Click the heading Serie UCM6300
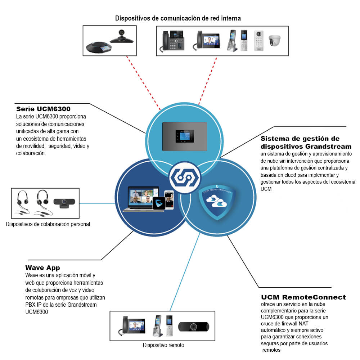coord(43,109)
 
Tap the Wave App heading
coord(42,268)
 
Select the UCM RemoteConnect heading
coord(303,297)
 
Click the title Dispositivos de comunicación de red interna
coord(178,18)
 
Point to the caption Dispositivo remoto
coord(163,345)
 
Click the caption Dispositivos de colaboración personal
coord(48,224)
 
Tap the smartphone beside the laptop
coord(169,200)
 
